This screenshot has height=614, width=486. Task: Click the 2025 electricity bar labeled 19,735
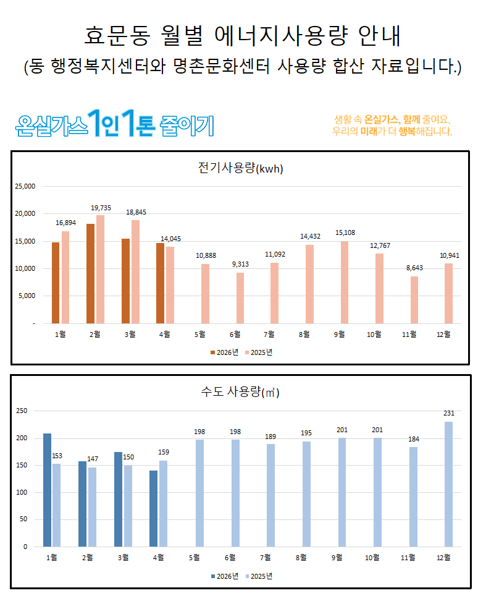point(100,269)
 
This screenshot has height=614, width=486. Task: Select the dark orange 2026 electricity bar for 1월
point(56,283)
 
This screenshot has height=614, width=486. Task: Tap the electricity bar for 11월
point(414,300)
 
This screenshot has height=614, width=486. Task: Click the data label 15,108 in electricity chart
point(345,232)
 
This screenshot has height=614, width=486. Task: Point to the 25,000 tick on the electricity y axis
point(25,186)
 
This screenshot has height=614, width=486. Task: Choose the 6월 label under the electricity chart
point(235,335)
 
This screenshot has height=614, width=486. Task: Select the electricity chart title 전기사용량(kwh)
point(240,168)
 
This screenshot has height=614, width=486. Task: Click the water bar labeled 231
point(449,484)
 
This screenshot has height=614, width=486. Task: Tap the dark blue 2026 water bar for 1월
point(47,490)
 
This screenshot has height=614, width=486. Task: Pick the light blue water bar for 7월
point(270,495)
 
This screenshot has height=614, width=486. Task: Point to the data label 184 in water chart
point(414,439)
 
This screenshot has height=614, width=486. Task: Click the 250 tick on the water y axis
point(22,411)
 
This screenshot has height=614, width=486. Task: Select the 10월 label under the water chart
point(372,558)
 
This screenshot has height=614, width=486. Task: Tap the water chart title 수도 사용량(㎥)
point(240,392)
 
